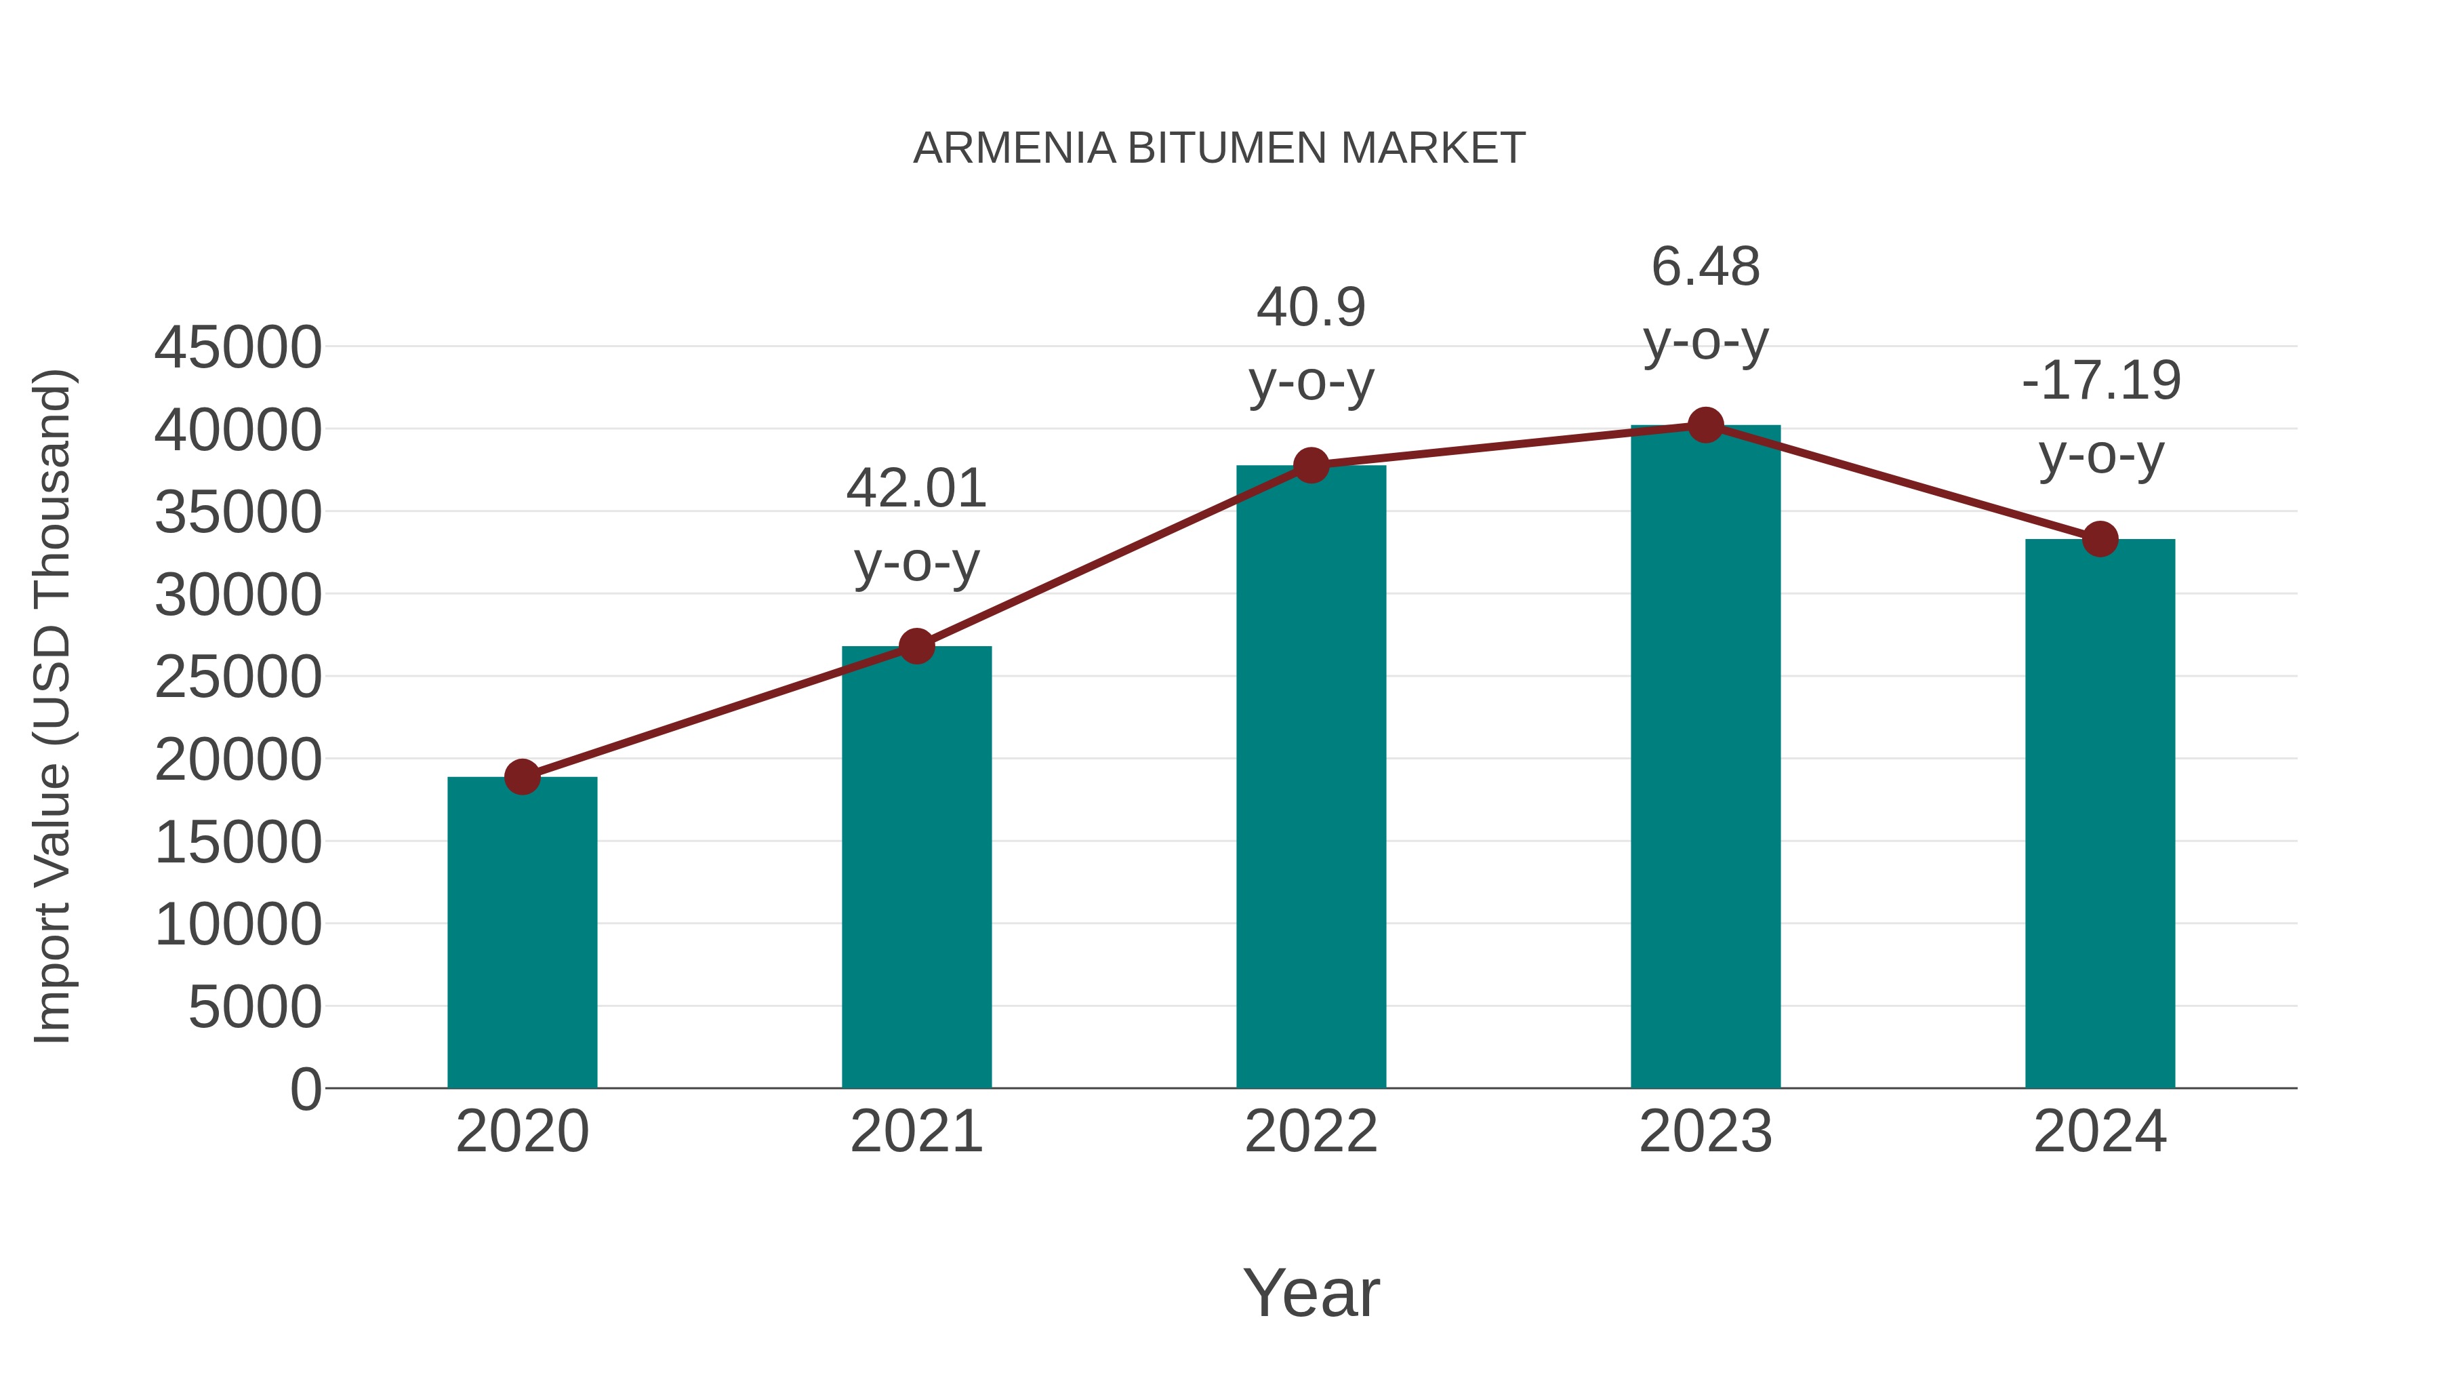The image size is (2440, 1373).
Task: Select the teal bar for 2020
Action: (522, 934)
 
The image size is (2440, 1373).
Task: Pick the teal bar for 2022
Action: (1311, 777)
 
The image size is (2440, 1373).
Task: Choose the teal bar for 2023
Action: (1705, 758)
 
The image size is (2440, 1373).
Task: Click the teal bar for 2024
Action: (2100, 815)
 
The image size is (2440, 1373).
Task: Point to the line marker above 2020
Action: (522, 777)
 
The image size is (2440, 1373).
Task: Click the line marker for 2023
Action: (1705, 425)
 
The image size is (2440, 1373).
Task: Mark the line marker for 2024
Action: (2100, 539)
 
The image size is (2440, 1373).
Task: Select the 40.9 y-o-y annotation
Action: (1311, 345)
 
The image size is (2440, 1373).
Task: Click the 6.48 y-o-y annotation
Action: (1705, 304)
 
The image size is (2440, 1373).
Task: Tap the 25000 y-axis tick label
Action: (238, 677)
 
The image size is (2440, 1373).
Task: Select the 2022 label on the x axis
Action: (1311, 1132)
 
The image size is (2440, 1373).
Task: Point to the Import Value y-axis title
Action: (52, 706)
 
